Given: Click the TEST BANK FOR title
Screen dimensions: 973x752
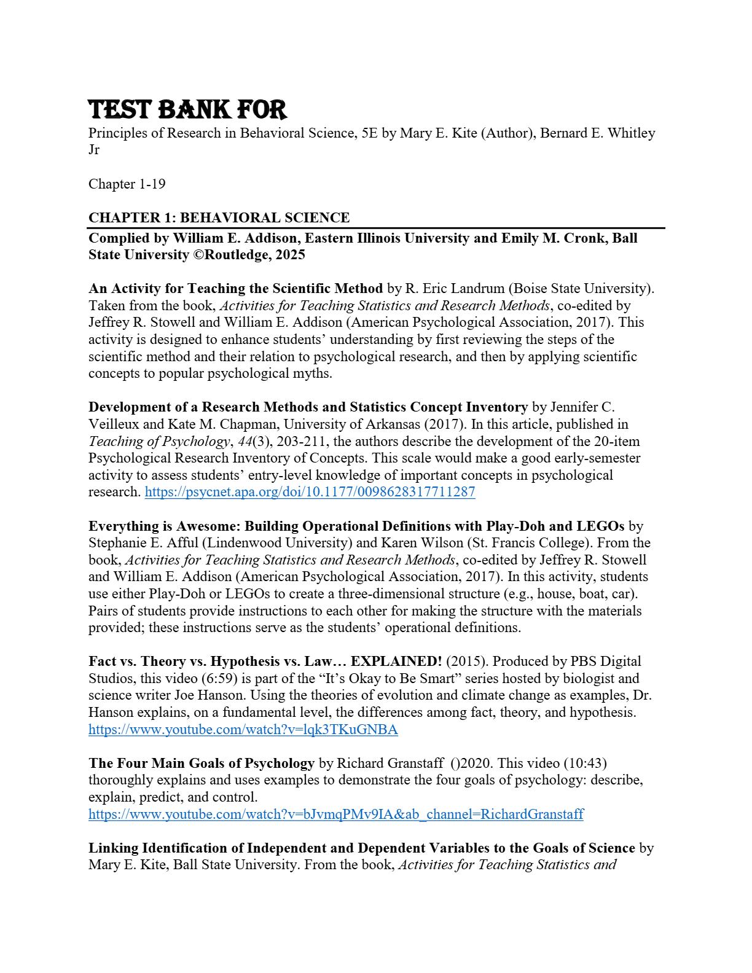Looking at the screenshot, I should tap(187, 111).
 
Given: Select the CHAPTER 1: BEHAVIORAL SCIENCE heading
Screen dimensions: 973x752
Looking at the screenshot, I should tap(219, 217).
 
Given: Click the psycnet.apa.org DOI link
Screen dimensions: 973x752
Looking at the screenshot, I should tap(310, 492).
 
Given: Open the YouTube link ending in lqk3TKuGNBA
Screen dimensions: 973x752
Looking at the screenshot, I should tap(243, 730).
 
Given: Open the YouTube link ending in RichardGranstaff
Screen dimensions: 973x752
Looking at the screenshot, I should tap(335, 815).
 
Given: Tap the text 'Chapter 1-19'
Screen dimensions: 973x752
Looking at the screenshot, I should tap(127, 184).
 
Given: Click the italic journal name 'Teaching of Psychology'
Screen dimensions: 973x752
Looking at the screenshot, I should tap(159, 441).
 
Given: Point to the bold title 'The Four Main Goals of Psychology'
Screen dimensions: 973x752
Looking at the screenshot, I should tap(202, 764).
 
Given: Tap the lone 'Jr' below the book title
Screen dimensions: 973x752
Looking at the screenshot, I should tap(94, 150).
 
